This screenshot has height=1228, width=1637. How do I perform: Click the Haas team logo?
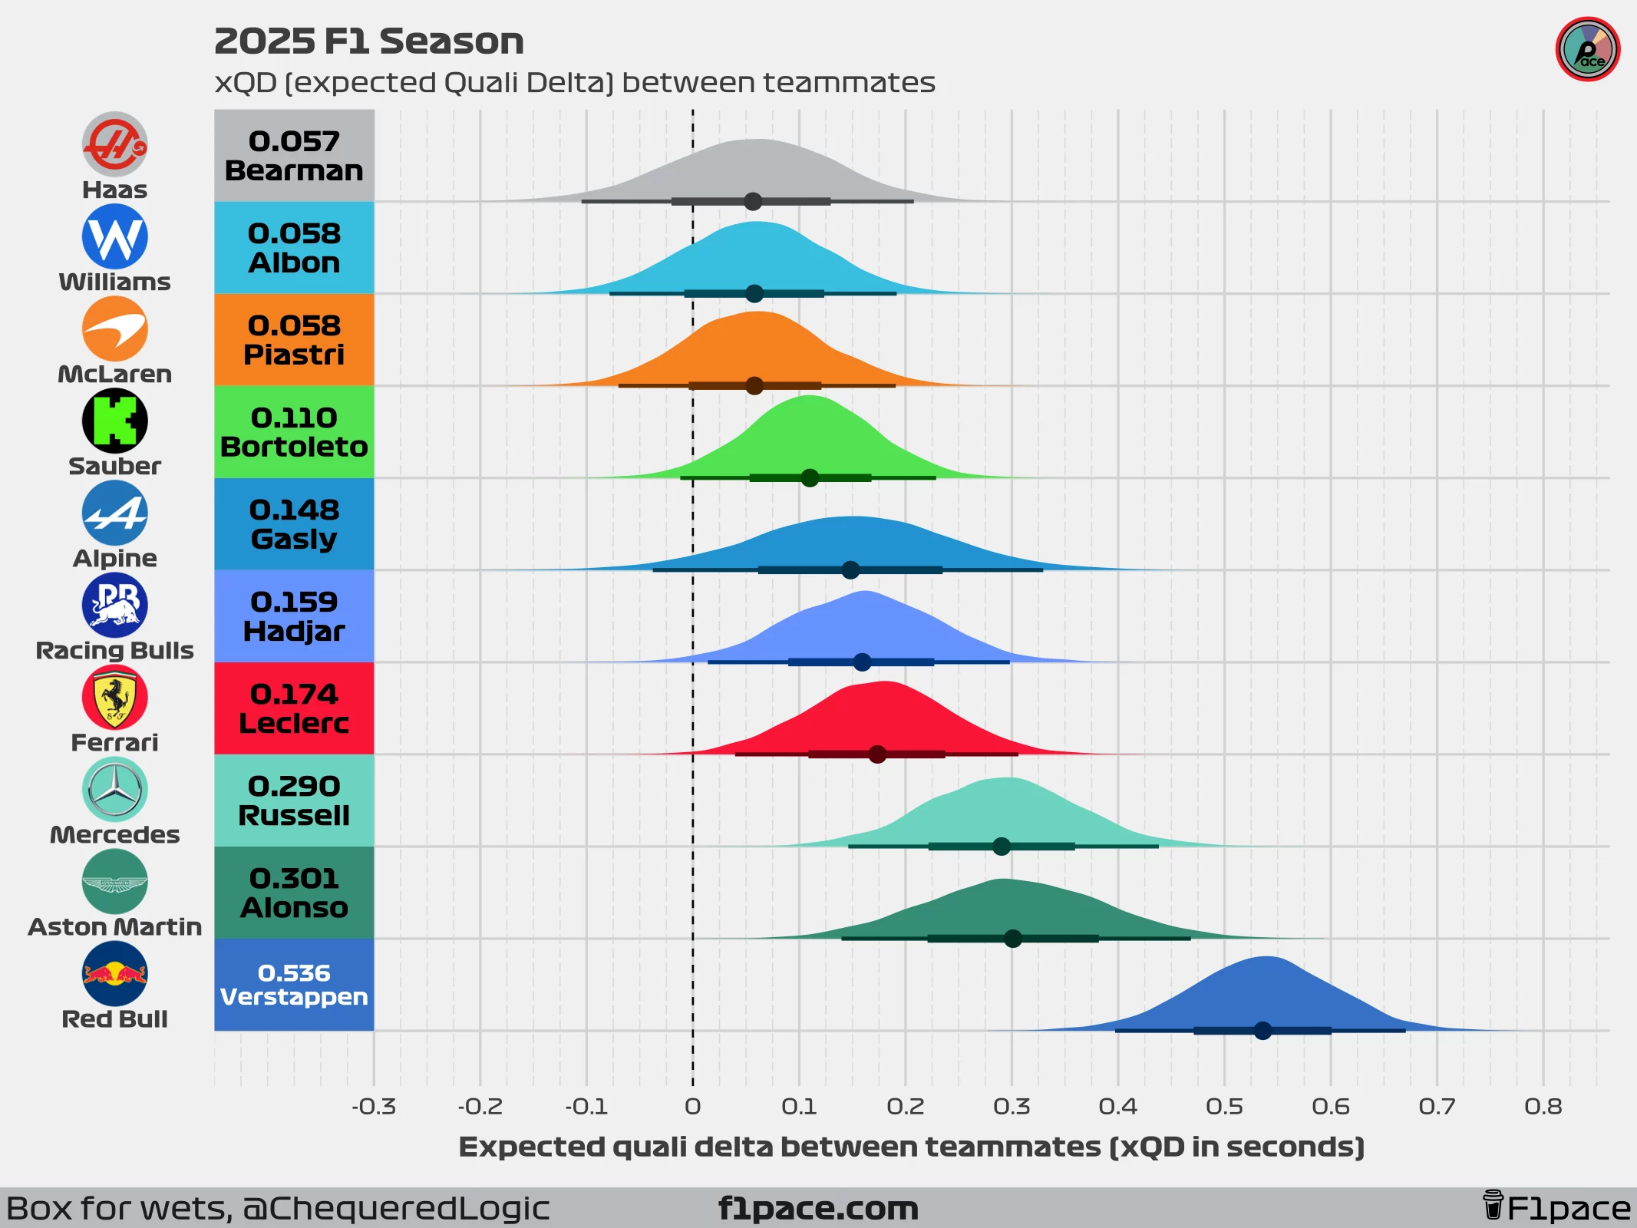tap(114, 144)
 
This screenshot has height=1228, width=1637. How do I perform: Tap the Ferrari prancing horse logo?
tap(114, 697)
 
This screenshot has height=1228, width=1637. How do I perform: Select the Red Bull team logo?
tap(114, 973)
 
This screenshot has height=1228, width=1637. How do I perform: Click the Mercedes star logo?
tap(114, 789)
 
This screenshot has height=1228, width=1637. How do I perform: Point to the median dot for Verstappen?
tap(1262, 1031)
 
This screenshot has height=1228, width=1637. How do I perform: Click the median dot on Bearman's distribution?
tap(753, 202)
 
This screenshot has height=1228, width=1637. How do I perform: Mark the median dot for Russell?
tap(1002, 847)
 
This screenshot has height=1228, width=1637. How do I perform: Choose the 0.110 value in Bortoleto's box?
tap(294, 418)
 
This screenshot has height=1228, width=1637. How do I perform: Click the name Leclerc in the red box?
tap(294, 724)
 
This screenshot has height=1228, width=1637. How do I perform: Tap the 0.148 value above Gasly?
tap(294, 510)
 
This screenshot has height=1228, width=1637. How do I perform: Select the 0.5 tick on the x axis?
tap(1224, 1107)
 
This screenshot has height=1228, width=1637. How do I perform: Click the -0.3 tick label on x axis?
tap(374, 1107)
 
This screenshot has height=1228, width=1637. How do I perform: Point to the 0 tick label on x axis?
tap(692, 1107)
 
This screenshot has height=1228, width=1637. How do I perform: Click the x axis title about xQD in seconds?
tap(911, 1147)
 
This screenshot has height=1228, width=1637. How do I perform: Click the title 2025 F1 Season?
tap(369, 41)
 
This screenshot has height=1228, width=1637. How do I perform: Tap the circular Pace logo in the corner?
tap(1587, 50)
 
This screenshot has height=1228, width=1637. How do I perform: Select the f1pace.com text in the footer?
tap(818, 1209)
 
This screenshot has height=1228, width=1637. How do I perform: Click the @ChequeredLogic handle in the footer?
tap(396, 1209)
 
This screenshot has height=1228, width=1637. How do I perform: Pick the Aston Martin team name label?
tap(114, 927)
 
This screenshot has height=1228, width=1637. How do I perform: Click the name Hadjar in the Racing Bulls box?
tap(294, 632)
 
